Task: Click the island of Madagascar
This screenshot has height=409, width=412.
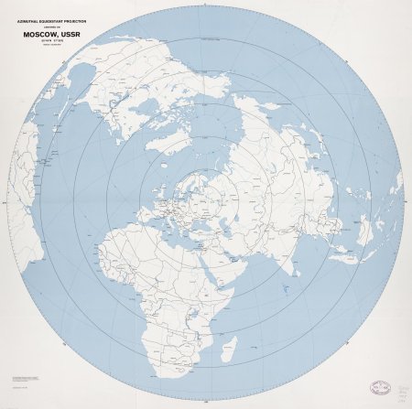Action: (230, 349)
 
